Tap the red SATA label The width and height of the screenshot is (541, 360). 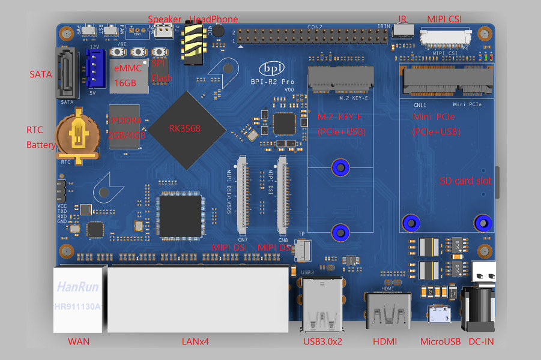click(41, 74)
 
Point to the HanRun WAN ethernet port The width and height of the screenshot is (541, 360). click(78, 298)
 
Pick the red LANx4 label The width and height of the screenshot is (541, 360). click(196, 342)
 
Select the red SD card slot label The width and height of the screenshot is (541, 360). click(465, 181)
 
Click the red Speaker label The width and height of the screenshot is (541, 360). click(164, 19)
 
